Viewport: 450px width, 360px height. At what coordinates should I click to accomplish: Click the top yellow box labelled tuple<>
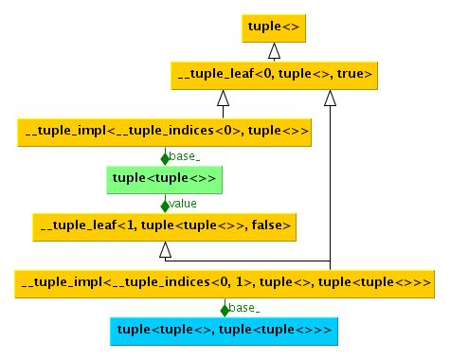(x=273, y=27)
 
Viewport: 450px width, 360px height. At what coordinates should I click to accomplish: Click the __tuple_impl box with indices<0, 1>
(x=225, y=282)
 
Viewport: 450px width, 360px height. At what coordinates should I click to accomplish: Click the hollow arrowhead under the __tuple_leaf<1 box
(x=166, y=249)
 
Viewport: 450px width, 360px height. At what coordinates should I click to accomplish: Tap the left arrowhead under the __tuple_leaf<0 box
(x=224, y=98)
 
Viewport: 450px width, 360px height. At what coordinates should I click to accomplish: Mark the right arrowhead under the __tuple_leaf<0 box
(x=330, y=98)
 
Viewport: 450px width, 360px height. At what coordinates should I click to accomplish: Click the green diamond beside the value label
(x=165, y=204)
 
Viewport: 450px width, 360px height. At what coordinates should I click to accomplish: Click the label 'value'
(x=182, y=204)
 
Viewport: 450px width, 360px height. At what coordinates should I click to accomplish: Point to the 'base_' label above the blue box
(x=243, y=308)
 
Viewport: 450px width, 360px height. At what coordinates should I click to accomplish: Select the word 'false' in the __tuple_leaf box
(x=270, y=225)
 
